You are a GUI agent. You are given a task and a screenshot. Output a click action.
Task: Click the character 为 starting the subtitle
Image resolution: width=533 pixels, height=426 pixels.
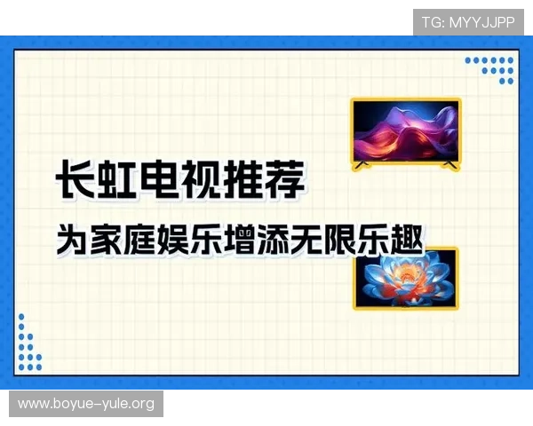[x=71, y=241]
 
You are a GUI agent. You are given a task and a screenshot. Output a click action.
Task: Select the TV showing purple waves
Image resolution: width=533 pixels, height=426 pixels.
[x=406, y=132]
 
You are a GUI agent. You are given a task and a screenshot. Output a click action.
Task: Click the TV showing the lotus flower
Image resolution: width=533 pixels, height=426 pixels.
[x=406, y=278]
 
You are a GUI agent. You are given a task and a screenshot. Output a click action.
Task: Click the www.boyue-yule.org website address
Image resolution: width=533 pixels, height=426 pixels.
[x=86, y=404]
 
